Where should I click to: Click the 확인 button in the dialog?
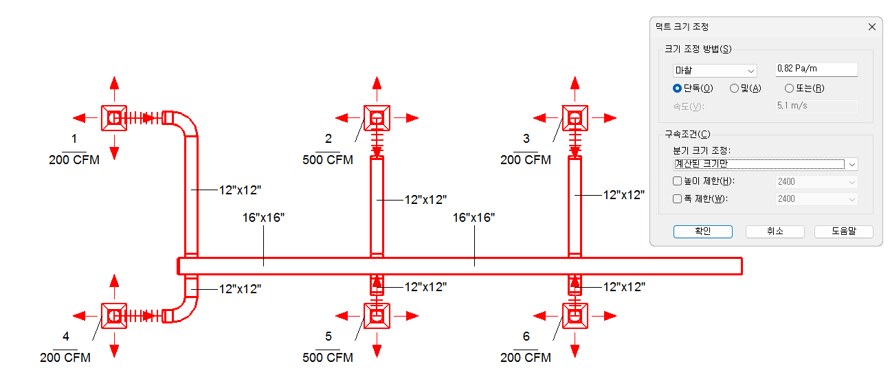pos(702,231)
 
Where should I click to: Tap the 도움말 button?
pos(843,231)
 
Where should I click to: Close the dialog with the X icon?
pos(871,27)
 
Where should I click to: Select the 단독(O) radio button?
pos(678,88)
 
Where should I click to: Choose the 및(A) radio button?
pos(734,88)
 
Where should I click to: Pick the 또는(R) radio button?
pos(789,88)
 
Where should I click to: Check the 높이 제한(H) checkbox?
pos(678,181)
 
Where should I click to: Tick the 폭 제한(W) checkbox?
pos(678,198)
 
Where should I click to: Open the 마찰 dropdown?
pos(715,71)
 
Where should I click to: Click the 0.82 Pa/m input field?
pos(816,69)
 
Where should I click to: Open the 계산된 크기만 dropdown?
pos(765,164)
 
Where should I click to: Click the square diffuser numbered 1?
pos(114,118)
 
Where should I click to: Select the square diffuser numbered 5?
pos(377,316)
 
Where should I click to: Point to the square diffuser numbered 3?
pos(575,118)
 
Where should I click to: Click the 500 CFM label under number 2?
pos(328,159)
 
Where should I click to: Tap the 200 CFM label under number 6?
pos(526,358)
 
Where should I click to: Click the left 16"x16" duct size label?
pos(263,218)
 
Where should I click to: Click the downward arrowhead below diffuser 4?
pos(114,351)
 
